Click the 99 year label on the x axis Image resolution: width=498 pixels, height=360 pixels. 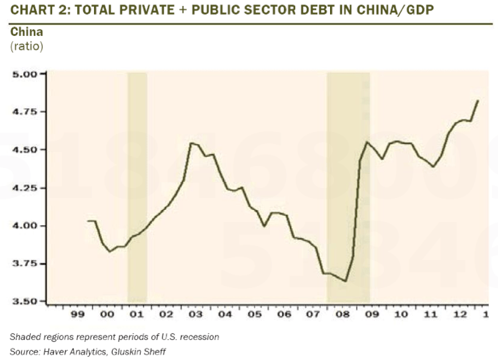(x=77, y=314)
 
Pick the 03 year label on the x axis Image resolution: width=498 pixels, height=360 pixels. (x=195, y=314)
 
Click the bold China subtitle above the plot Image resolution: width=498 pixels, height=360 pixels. (x=25, y=32)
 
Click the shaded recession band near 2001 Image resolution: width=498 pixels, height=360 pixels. (x=137, y=187)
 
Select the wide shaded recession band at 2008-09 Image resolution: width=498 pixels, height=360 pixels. (x=347, y=187)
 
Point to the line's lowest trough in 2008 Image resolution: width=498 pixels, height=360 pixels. (x=345, y=281)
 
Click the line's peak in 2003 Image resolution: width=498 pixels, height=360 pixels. (x=191, y=143)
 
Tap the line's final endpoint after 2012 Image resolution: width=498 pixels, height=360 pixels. (x=478, y=101)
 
